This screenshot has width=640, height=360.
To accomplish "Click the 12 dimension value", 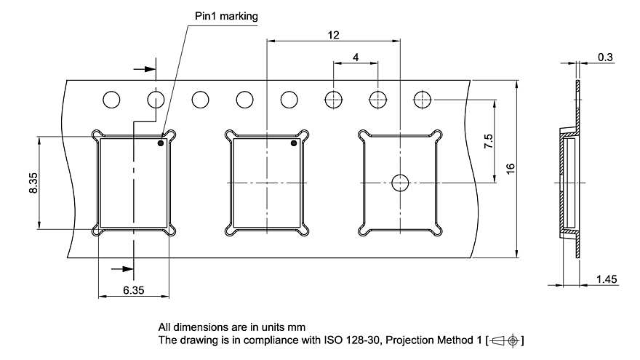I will tap(334, 35).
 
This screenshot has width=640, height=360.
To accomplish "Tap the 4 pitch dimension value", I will tap(356, 57).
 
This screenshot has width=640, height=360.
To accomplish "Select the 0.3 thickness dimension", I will tap(604, 57).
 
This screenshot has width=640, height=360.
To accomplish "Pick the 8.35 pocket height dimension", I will tap(32, 182).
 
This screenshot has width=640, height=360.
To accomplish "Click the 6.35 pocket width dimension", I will tap(133, 289).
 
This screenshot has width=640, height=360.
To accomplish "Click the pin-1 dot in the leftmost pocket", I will tap(161, 143).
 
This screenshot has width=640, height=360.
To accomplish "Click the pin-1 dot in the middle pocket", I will tap(295, 143).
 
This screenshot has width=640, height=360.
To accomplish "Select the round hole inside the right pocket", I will tap(400, 183).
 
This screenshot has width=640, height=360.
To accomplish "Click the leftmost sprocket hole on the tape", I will tap(111, 99).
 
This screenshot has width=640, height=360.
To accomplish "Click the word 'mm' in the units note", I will tap(298, 327).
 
